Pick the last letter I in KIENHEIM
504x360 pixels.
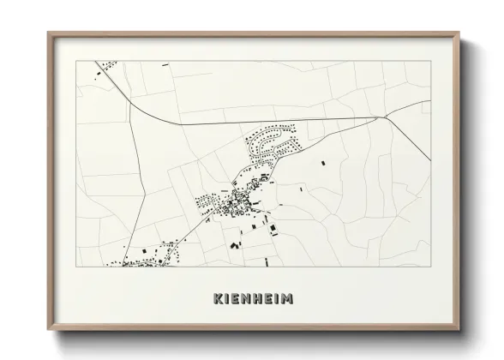[277, 298]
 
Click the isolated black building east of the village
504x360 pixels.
[322, 162]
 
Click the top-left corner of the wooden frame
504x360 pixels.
[49, 33]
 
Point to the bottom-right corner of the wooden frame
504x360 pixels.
[461, 328]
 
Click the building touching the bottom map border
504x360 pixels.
[266, 262]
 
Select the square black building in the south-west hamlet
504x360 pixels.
[145, 250]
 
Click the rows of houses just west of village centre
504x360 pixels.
[206, 202]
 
